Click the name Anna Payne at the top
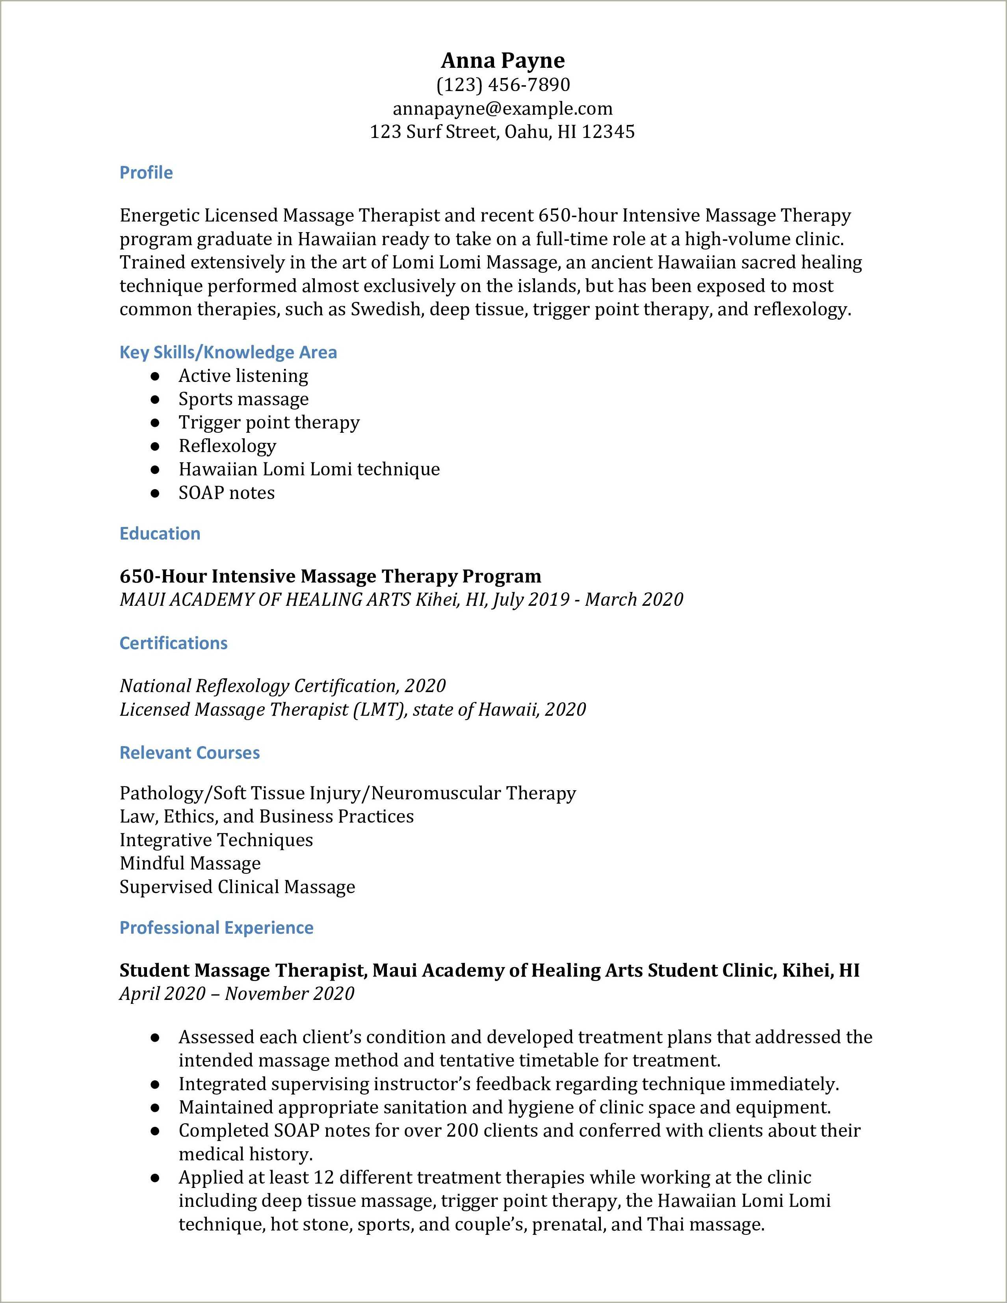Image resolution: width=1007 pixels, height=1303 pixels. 503,60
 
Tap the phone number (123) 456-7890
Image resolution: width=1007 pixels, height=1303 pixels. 503,85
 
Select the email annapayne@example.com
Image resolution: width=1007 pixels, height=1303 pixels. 503,109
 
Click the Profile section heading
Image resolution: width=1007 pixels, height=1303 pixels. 146,172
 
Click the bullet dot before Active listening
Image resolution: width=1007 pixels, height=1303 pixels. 155,376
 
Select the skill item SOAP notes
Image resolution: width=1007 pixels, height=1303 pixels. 227,493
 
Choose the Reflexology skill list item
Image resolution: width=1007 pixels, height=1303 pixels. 227,446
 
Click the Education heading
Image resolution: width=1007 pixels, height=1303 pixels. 160,533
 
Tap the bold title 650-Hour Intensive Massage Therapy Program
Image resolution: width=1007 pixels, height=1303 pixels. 330,576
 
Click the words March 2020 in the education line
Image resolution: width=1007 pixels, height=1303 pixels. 634,599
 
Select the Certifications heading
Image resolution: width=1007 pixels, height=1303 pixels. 173,643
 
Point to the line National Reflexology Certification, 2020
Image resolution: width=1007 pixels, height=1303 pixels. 282,685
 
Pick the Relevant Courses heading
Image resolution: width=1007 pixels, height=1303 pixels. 190,753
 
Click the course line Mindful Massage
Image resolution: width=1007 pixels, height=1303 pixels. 190,863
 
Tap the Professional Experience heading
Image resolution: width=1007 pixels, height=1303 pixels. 216,928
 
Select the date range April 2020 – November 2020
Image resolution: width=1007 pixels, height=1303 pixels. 237,993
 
